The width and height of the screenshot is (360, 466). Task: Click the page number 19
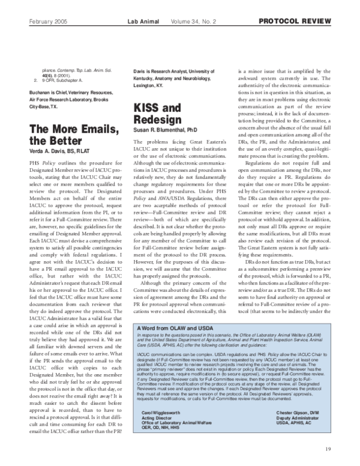click(328, 449)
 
